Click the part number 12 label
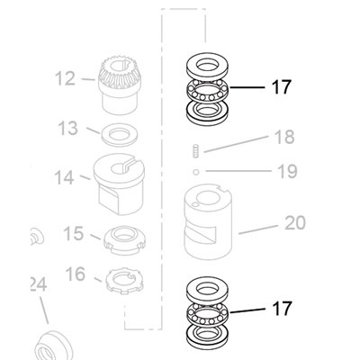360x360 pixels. click(x=65, y=78)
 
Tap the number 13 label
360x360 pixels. click(x=67, y=128)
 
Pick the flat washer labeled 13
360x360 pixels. click(x=120, y=135)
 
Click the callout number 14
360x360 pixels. click(x=64, y=177)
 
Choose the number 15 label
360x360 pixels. click(x=74, y=233)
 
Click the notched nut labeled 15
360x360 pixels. click(x=124, y=240)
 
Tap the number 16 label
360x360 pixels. click(x=76, y=274)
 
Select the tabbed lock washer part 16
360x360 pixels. click(x=124, y=281)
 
